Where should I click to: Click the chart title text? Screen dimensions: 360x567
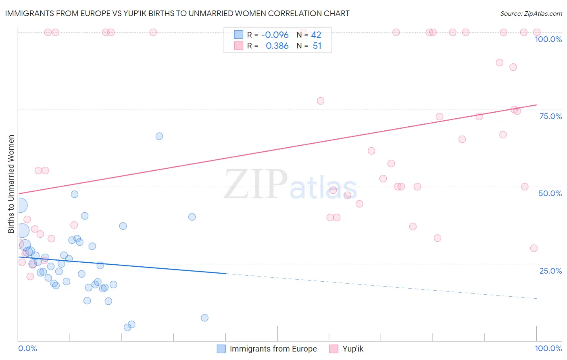click(x=177, y=13)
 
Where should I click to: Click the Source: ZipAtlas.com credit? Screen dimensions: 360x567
click(x=531, y=13)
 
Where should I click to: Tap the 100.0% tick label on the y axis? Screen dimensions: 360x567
click(x=548, y=39)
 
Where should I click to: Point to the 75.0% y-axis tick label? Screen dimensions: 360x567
click(x=550, y=116)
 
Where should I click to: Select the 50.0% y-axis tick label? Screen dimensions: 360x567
click(x=550, y=193)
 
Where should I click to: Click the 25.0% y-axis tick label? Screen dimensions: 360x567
click(x=550, y=270)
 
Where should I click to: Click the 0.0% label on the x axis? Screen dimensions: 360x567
click(x=27, y=348)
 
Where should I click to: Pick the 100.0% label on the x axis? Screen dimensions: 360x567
click(x=548, y=348)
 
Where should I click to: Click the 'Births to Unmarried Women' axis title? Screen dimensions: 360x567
click(x=11, y=184)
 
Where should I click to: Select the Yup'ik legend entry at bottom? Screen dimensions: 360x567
click(x=353, y=349)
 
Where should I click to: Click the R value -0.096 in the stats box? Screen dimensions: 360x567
click(x=275, y=35)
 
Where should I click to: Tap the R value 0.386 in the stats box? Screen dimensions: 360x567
click(x=277, y=46)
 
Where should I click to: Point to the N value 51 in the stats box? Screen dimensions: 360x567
click(x=317, y=46)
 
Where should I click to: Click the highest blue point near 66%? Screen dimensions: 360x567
click(x=159, y=136)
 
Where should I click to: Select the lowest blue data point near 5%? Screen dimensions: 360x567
click(x=127, y=327)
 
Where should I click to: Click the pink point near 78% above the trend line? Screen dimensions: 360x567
click(x=321, y=101)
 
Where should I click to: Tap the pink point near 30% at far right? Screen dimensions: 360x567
click(x=534, y=248)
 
